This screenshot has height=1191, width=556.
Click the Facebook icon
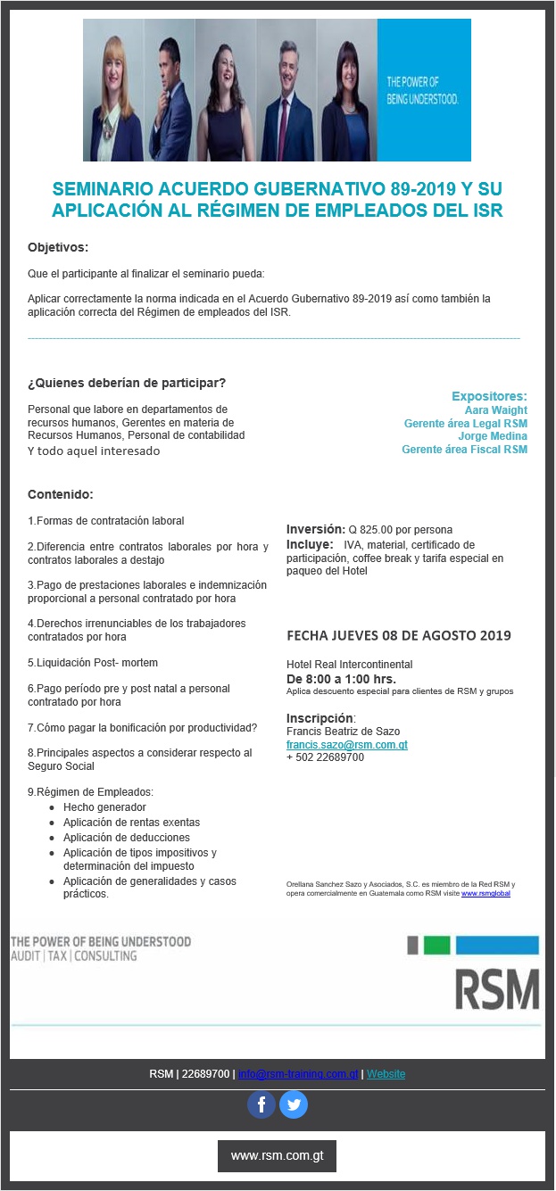point(261,1105)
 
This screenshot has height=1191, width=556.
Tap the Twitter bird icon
point(294,1105)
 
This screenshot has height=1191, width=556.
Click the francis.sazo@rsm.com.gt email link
point(347,744)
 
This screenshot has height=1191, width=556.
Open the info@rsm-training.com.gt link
point(298,1074)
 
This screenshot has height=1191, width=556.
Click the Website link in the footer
point(386,1074)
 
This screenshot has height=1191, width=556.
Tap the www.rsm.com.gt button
point(277,1155)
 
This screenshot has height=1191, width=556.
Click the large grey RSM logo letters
point(497,988)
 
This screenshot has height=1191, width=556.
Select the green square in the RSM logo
point(436,946)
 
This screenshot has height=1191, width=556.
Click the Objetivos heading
point(58,246)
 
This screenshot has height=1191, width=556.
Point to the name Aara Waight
point(496,409)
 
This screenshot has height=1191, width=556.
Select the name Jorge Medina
point(493,436)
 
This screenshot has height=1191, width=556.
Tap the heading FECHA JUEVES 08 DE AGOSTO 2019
point(398,635)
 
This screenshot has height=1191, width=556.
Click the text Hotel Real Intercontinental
point(349,665)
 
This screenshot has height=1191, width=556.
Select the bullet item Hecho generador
point(104,807)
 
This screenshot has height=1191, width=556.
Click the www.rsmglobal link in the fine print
point(485,892)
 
